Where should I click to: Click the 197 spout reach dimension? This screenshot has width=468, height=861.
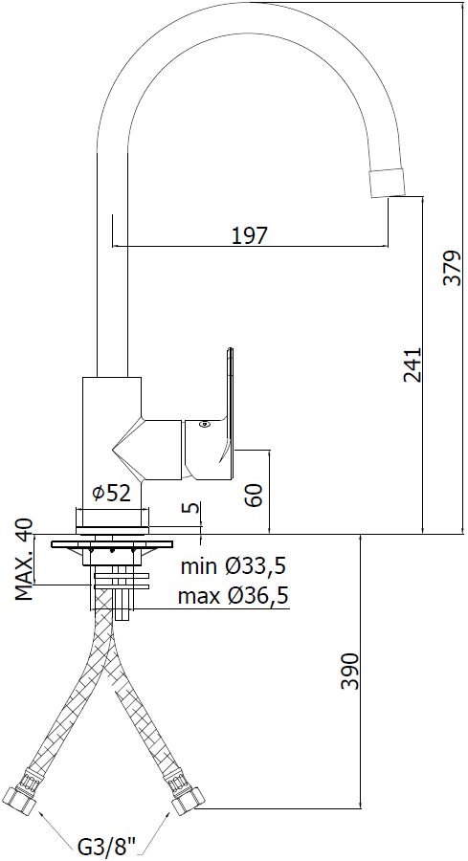[249, 235]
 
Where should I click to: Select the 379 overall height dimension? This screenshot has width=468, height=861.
[452, 268]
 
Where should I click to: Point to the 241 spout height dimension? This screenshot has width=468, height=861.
[412, 364]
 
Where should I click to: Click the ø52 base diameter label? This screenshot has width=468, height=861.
[112, 494]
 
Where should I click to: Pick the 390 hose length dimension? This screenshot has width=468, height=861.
[349, 671]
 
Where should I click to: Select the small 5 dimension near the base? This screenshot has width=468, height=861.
[193, 507]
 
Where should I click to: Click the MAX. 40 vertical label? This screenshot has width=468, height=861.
[24, 560]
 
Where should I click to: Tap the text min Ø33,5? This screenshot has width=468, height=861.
[234, 565]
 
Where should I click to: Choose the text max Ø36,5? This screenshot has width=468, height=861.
[234, 595]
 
